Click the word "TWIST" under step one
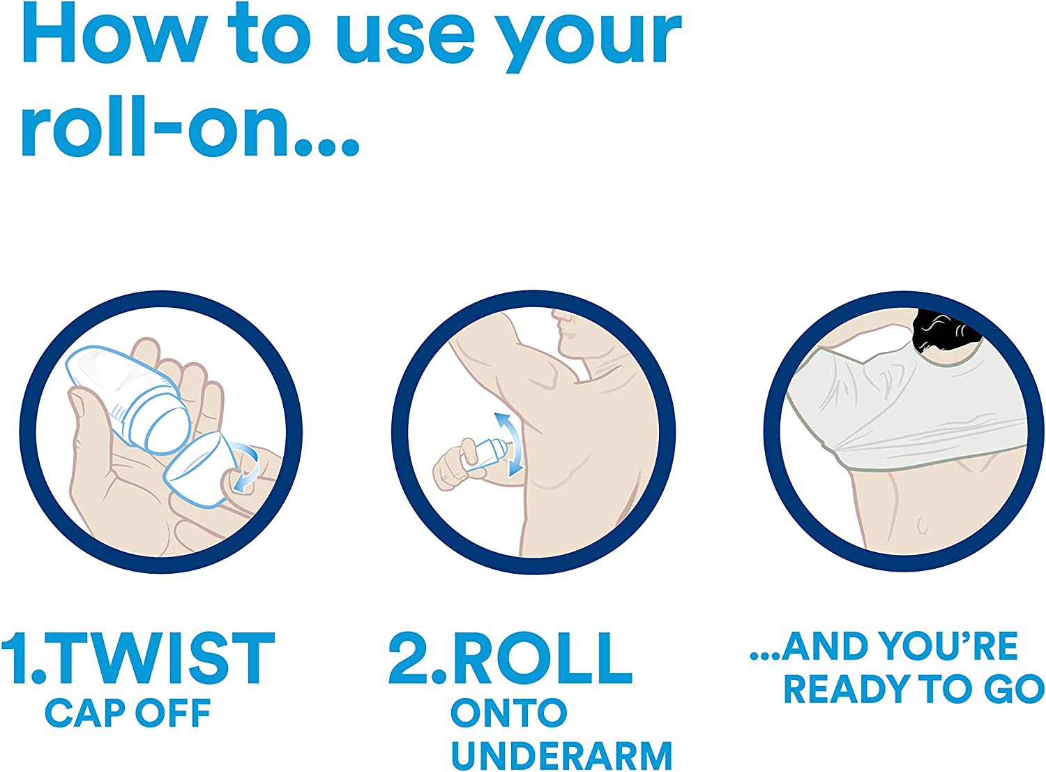161,658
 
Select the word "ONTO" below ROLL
508,712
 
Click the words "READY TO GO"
914,689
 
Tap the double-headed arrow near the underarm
508,443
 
